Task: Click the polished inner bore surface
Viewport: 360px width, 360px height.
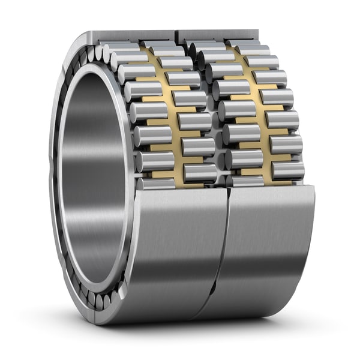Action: coord(90,180)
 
